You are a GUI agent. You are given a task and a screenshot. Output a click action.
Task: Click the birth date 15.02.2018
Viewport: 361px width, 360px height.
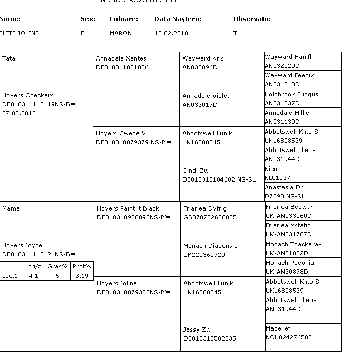(172, 33)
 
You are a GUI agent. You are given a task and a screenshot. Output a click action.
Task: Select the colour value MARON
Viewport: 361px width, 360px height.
(121, 33)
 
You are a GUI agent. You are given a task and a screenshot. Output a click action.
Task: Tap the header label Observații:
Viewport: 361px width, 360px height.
(252, 19)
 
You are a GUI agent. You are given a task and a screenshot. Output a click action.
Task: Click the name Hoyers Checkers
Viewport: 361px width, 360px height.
(28, 95)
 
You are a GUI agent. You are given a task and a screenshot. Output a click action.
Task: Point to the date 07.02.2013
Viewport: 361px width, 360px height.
(19, 113)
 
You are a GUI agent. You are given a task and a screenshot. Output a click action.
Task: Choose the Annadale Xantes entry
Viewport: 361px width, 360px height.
(121, 58)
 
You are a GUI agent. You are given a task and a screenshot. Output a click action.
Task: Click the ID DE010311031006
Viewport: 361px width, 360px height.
(122, 67)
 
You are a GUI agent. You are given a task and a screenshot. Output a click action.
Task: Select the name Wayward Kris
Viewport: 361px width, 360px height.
(203, 58)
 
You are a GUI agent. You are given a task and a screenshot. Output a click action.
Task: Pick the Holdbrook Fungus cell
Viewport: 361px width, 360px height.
(291, 94)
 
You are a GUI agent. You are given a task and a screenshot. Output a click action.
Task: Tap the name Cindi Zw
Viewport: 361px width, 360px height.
(196, 171)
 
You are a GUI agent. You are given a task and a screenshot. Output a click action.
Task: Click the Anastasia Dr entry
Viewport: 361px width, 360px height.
(284, 187)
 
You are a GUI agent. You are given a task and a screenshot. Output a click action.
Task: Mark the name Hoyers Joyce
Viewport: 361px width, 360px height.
(22, 245)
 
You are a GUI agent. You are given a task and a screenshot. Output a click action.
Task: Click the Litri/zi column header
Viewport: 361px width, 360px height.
(33, 266)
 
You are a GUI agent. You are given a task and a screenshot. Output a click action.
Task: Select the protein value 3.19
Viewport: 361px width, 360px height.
(82, 275)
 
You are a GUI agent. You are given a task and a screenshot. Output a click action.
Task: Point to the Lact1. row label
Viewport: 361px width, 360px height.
(11, 275)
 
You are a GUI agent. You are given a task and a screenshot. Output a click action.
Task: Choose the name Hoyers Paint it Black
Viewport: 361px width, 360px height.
(128, 208)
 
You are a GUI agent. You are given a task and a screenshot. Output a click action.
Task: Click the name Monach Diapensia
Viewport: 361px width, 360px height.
(210, 246)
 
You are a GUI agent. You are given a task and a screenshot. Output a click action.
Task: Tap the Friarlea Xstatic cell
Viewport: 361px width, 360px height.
(289, 225)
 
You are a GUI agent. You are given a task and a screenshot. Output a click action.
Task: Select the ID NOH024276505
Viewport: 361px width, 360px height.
(289, 337)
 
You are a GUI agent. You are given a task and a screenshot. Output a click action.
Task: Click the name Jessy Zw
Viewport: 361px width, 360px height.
(197, 329)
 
